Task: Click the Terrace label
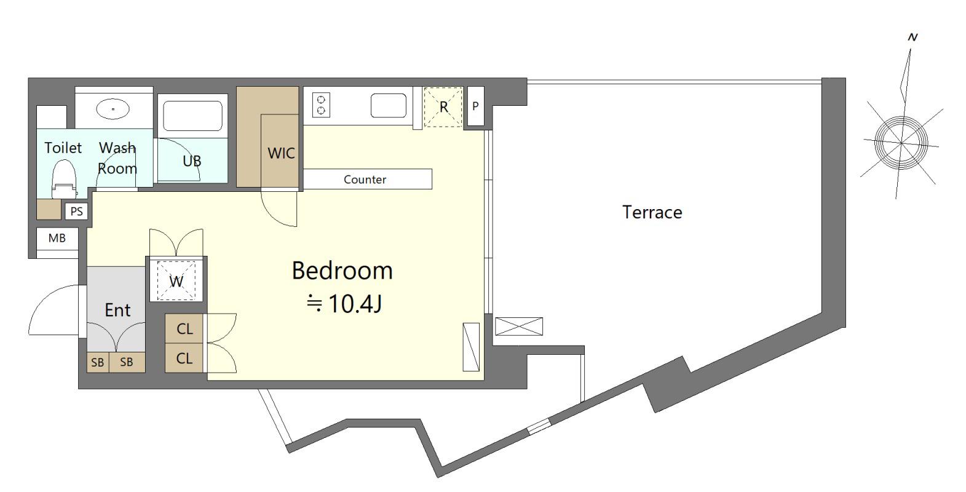[x=652, y=212]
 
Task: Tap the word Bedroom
[x=342, y=271]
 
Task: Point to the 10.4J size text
[x=355, y=304]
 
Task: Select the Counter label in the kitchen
[x=365, y=180]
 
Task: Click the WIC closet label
[x=281, y=153]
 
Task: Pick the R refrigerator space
[x=443, y=107]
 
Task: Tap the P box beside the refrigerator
[x=476, y=106]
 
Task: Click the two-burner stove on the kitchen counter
[x=321, y=105]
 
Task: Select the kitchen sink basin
[x=389, y=106]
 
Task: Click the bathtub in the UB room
[x=192, y=116]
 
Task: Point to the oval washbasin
[x=113, y=109]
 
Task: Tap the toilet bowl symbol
[x=64, y=178]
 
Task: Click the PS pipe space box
[x=76, y=212]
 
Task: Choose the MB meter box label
[x=57, y=238]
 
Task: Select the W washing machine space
[x=176, y=280]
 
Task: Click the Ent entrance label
[x=117, y=310]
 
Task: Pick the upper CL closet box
[x=184, y=328]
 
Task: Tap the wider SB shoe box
[x=126, y=362]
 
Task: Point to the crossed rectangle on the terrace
[x=519, y=327]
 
